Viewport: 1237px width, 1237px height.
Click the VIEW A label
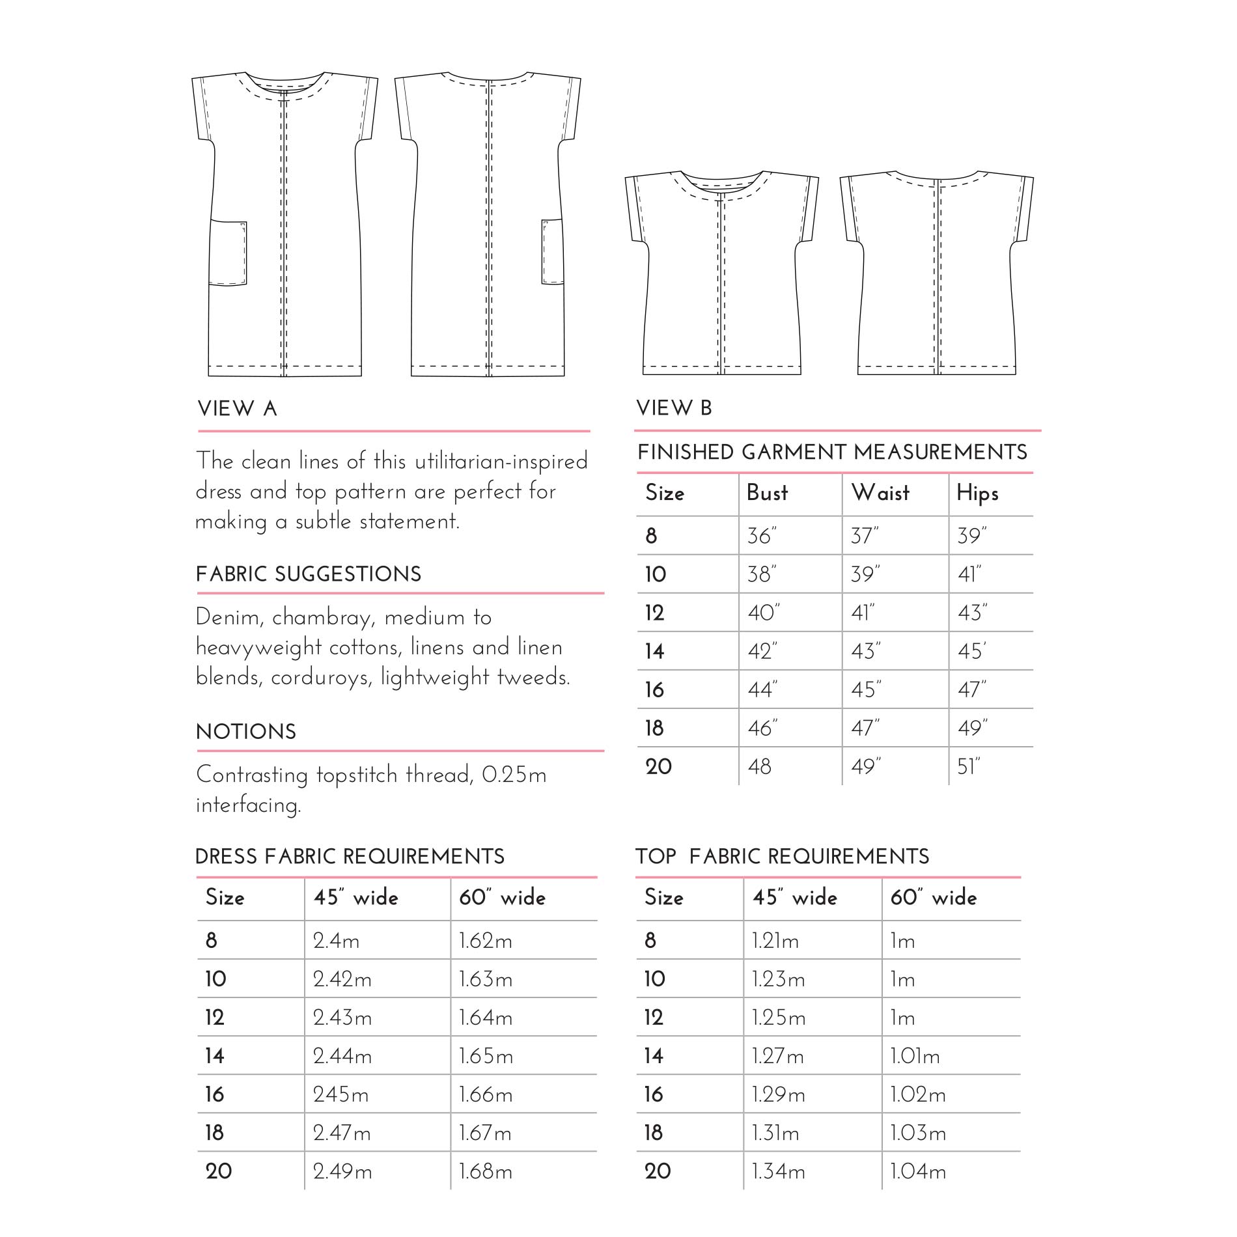[238, 409]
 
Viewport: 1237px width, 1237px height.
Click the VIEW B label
[674, 408]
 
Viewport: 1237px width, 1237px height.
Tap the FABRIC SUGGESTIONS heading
[309, 574]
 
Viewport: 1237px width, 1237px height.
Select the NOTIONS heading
[246, 732]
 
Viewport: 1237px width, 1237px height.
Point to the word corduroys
[322, 678]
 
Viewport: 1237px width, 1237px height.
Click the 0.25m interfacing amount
[514, 775]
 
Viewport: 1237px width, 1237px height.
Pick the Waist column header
[880, 493]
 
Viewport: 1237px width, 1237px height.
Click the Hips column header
[977, 493]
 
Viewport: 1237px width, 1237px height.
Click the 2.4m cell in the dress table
[336, 941]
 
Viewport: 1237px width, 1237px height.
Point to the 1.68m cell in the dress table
[486, 1172]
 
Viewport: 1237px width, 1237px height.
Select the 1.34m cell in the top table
[779, 1172]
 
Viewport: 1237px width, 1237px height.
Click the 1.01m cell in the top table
[915, 1056]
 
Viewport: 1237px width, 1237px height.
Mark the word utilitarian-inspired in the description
[501, 462]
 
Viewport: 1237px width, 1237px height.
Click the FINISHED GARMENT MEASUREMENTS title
[832, 452]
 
